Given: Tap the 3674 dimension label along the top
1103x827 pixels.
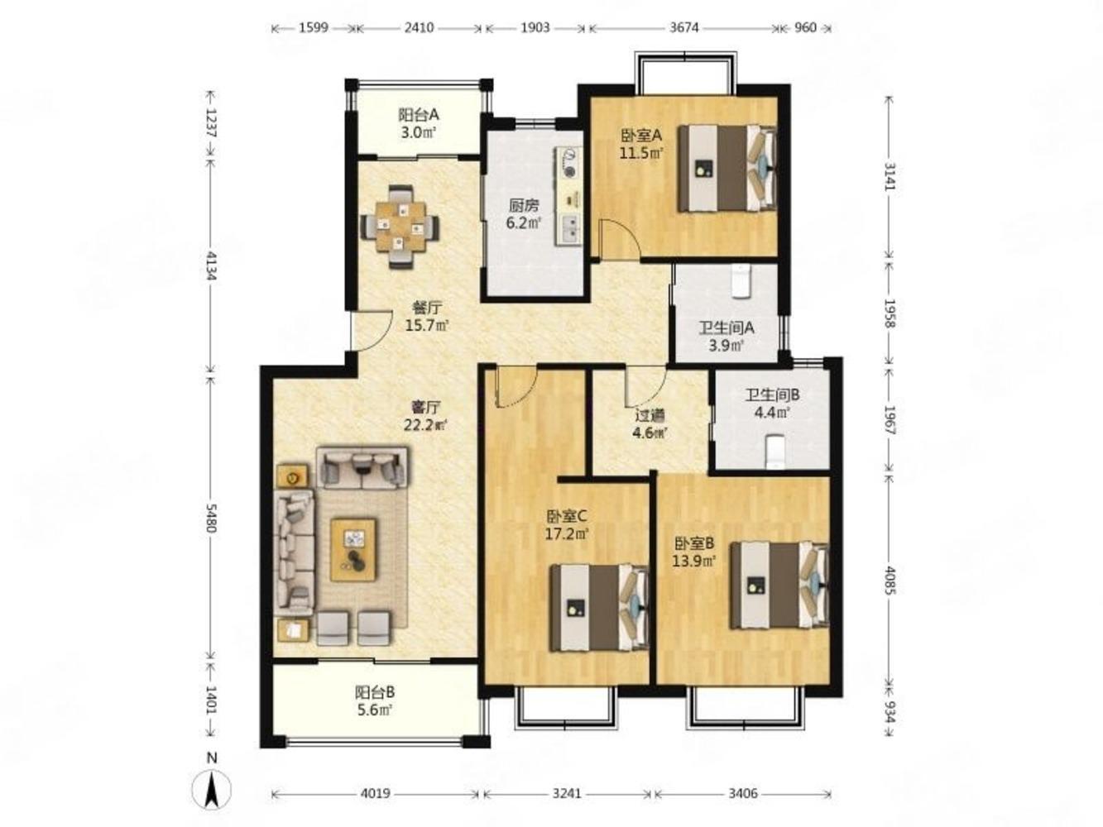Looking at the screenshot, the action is pos(683,27).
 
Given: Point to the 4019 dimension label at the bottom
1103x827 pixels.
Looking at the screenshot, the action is pos(376,793).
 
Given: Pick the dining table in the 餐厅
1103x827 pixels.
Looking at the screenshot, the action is pos(400,227).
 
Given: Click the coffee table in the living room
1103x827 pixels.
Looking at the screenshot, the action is pos(352,550).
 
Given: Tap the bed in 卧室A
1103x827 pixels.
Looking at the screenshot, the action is pos(727,168).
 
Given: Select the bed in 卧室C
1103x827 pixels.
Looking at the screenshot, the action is pos(599,608).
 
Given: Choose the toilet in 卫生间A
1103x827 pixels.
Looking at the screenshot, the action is pos(741,282).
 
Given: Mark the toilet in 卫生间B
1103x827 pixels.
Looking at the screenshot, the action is pos(774,452).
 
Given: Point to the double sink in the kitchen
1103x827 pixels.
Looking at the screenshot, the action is pos(570,229).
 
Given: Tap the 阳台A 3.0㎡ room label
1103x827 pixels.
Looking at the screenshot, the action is pos(418,123).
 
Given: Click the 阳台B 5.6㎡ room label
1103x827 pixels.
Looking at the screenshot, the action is pos(375,701).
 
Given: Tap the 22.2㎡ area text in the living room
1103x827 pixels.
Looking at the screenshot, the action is pos(425,425).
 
